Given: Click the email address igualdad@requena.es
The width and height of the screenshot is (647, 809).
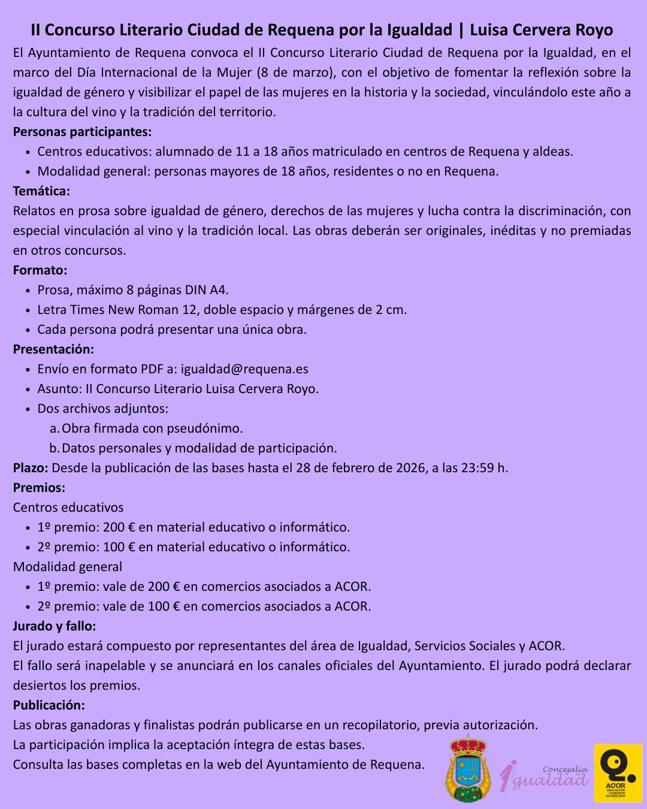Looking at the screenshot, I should pos(244,369).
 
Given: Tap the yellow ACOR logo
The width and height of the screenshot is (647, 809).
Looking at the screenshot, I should pos(618,772).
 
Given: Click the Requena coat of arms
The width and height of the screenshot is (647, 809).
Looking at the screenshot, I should pos(467,769).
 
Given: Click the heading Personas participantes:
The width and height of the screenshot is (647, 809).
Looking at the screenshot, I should pos(82,131).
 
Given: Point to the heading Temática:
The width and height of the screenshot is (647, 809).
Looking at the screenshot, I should pos(41,191).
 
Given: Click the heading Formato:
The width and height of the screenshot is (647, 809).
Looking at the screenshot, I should pos(40,270).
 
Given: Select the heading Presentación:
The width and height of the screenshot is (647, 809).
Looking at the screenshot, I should pos(53,349).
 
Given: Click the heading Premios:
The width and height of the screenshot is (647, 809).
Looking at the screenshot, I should pos(39,488).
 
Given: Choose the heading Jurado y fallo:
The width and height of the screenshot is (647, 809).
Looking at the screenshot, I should pos(54,626).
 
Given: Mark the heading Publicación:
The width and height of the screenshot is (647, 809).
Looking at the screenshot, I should pos(49,705).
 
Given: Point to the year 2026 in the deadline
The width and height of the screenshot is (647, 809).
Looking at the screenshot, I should pos(411,468).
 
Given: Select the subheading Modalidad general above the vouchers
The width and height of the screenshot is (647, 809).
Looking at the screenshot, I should pos(68,567).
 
